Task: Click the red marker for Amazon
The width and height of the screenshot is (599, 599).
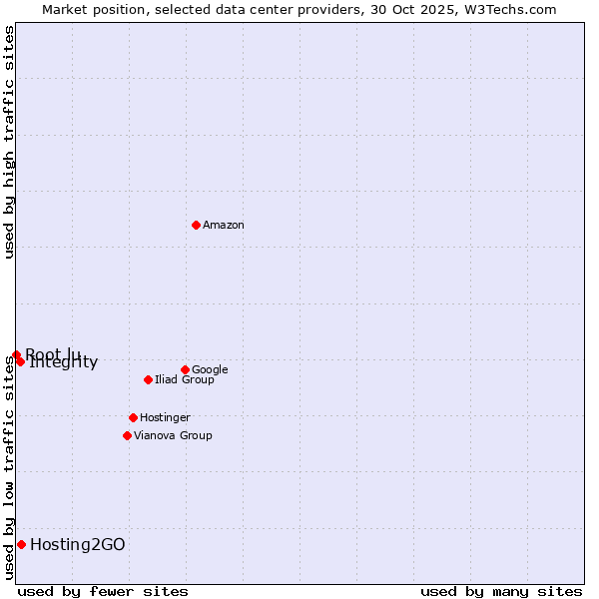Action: pyautogui.click(x=196, y=225)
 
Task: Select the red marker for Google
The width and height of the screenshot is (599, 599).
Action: pyautogui.click(x=185, y=369)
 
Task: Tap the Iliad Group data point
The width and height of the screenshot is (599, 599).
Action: pyautogui.click(x=148, y=379)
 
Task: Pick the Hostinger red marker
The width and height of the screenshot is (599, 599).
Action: pyautogui.click(x=133, y=417)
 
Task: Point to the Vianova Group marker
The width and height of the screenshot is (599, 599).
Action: pyautogui.click(x=127, y=435)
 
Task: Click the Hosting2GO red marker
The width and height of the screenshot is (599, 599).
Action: pyautogui.click(x=21, y=544)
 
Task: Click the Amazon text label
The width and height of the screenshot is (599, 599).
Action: pyautogui.click(x=224, y=226)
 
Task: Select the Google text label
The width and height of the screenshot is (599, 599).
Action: pyautogui.click(x=210, y=370)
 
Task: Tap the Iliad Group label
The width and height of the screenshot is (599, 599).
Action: pyautogui.click(x=185, y=380)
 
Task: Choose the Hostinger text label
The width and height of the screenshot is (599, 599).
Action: pyautogui.click(x=165, y=418)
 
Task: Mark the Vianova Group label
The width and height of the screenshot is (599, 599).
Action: pyautogui.click(x=173, y=436)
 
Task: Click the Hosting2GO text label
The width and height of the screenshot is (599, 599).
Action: pyautogui.click(x=78, y=545)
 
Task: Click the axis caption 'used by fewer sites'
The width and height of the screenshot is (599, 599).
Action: pyautogui.click(x=103, y=591)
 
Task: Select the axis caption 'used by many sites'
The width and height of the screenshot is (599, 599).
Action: pyautogui.click(x=501, y=591)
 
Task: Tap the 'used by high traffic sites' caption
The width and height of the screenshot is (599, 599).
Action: pyautogui.click(x=10, y=142)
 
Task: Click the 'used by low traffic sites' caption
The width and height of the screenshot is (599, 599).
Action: pyautogui.click(x=10, y=467)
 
